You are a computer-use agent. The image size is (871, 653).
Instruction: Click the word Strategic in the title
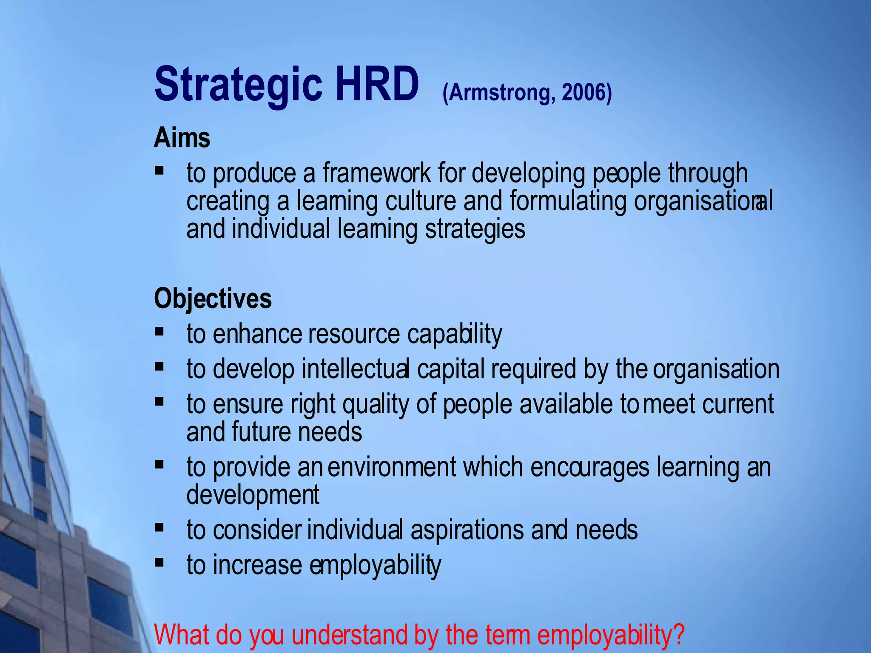click(x=238, y=85)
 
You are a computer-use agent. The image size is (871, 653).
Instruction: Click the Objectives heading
click(x=213, y=299)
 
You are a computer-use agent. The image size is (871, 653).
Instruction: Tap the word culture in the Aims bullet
click(x=421, y=201)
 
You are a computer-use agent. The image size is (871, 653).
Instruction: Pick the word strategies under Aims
click(x=475, y=230)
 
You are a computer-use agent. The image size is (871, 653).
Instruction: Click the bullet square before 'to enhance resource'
click(x=159, y=331)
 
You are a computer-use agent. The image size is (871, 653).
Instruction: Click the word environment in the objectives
click(x=392, y=467)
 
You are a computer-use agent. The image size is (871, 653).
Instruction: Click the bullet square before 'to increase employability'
click(x=159, y=563)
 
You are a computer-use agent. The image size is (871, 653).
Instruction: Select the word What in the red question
click(x=182, y=635)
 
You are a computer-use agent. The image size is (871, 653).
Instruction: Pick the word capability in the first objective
click(x=455, y=334)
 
